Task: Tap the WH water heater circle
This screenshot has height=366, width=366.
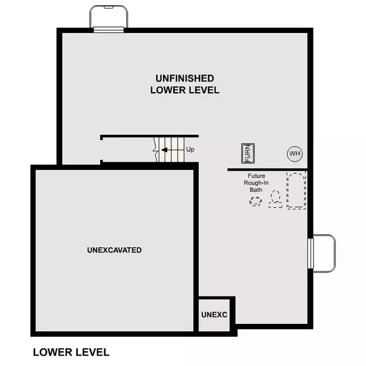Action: pyautogui.click(x=295, y=153)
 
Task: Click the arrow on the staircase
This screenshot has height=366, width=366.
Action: pyautogui.click(x=165, y=149)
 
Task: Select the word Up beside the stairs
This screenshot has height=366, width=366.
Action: pyautogui.click(x=190, y=149)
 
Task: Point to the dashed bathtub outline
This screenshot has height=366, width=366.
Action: pyautogui.click(x=296, y=191)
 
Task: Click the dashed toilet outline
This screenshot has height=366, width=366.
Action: pyautogui.click(x=276, y=199)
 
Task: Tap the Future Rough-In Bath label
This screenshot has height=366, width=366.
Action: pyautogui.click(x=255, y=182)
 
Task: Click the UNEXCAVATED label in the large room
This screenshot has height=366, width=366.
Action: pyautogui.click(x=114, y=250)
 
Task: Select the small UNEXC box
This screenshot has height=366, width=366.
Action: pyautogui.click(x=214, y=314)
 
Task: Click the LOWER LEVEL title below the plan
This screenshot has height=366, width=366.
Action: pyautogui.click(x=71, y=352)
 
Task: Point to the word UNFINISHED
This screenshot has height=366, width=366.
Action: pyautogui.click(x=184, y=78)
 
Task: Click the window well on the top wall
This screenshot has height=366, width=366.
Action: pyautogui.click(x=109, y=16)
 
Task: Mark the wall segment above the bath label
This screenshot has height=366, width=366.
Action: pyautogui.click(x=267, y=169)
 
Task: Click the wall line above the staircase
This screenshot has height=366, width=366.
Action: pyautogui.click(x=149, y=136)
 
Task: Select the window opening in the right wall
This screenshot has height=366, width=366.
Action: pyautogui.click(x=310, y=253)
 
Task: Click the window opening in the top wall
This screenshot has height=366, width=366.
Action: pyautogui.click(x=109, y=29)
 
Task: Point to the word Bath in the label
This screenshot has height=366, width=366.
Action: pyautogui.click(x=255, y=190)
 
